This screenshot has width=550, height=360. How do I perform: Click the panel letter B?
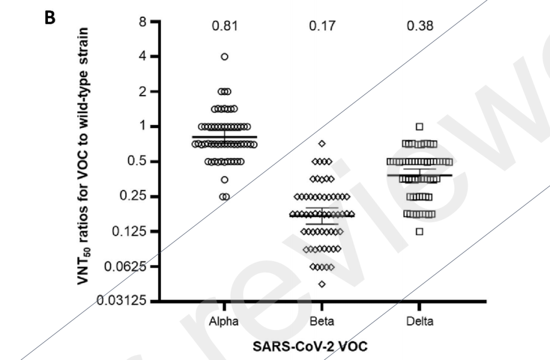pyautogui.click(x=50, y=17)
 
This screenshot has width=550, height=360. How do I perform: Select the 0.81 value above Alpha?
pyautogui.click(x=224, y=25)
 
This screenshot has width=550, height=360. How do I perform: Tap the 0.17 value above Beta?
pyautogui.click(x=322, y=25)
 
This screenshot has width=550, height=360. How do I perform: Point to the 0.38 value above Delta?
pyautogui.click(x=420, y=25)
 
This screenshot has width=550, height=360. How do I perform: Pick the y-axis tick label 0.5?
pyautogui.click(x=137, y=162)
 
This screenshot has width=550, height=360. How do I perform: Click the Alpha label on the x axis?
pyautogui.click(x=224, y=321)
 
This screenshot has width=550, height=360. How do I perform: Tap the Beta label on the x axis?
pyautogui.click(x=322, y=321)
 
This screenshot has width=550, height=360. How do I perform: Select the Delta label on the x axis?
pyautogui.click(x=420, y=321)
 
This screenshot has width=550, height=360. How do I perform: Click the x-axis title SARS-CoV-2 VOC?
pyautogui.click(x=310, y=346)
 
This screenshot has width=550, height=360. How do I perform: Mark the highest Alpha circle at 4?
pyautogui.click(x=225, y=57)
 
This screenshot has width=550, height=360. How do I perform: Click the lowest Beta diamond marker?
pyautogui.click(x=322, y=284)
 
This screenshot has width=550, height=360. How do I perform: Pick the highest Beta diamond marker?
pyautogui.click(x=322, y=144)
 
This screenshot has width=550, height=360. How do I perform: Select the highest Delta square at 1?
pyautogui.click(x=420, y=126)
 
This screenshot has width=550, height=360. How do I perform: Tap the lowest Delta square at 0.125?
pyautogui.click(x=420, y=232)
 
